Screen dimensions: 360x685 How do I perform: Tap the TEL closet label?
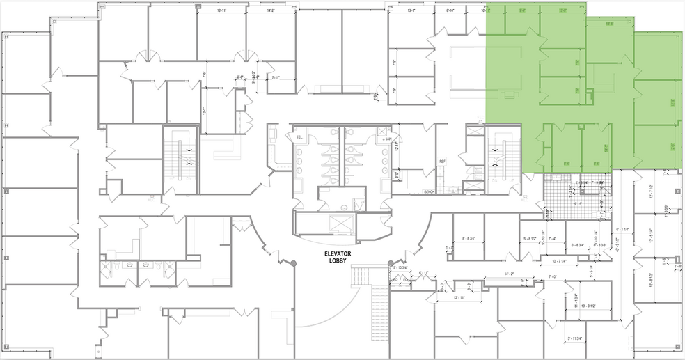300,137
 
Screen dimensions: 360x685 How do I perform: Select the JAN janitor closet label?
388,139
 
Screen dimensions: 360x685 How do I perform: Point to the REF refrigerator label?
441,162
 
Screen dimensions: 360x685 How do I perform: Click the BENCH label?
430,191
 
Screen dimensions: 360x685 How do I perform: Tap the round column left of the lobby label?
293,263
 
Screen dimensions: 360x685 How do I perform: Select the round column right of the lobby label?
391,263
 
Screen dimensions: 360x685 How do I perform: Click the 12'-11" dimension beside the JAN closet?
397,146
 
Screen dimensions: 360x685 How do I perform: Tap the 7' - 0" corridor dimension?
554,276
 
